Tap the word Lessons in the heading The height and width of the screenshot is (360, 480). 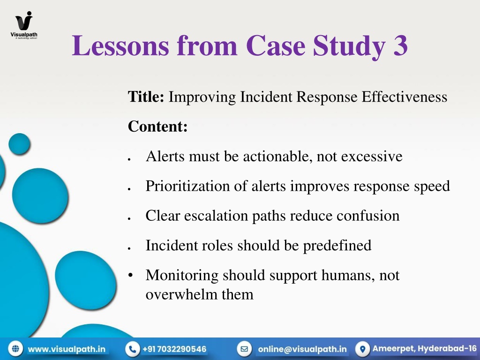[x=120, y=45]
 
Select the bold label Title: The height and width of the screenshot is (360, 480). [x=146, y=97]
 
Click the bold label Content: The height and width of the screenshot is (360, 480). [x=157, y=126]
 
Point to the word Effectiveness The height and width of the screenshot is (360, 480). [x=405, y=97]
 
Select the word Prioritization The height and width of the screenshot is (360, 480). [x=187, y=186]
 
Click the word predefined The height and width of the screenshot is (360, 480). [x=337, y=246]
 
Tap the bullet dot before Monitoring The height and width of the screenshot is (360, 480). [x=130, y=275]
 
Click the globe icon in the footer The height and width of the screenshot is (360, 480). [x=15, y=349]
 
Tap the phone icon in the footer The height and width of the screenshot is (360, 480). [x=133, y=349]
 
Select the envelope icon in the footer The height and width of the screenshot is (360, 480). [x=244, y=349]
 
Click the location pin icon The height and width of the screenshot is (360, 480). [x=363, y=349]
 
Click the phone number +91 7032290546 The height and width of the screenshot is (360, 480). [x=174, y=349]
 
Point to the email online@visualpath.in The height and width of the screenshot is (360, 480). [x=302, y=349]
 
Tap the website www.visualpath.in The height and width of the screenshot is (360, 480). [x=67, y=349]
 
